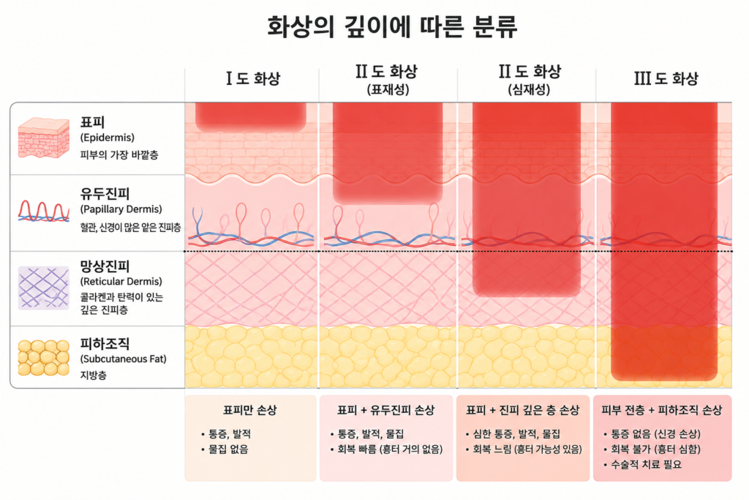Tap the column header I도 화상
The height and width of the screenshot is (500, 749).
pyautogui.click(x=252, y=78)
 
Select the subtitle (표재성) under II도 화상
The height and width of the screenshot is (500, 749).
pyautogui.click(x=388, y=89)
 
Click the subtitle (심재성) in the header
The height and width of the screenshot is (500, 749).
pyautogui.click(x=529, y=89)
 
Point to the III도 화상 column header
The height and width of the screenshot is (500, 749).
pyautogui.click(x=666, y=78)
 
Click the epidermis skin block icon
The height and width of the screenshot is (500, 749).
pyautogui.click(x=43, y=138)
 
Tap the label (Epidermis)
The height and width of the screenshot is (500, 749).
pyautogui.click(x=108, y=138)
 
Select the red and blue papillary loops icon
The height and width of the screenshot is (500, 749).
pyautogui.click(x=43, y=212)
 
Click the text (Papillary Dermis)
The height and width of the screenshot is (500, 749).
pyautogui.click(x=121, y=209)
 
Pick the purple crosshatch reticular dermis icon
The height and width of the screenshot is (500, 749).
pyautogui.click(x=43, y=288)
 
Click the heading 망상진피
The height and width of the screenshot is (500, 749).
pyautogui.click(x=105, y=266)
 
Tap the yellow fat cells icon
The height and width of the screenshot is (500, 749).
pyautogui.click(x=43, y=357)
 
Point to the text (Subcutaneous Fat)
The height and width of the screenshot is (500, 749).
pyautogui.click(x=123, y=359)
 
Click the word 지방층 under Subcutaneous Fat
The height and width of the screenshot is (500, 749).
pyautogui.click(x=93, y=376)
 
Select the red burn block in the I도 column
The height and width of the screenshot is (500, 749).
pyautogui.click(x=251, y=116)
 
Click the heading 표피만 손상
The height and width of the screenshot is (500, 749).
pyautogui.click(x=250, y=410)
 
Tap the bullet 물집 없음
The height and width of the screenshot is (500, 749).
pyautogui.click(x=228, y=449)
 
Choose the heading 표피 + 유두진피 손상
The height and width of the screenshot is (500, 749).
pyautogui.click(x=386, y=410)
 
